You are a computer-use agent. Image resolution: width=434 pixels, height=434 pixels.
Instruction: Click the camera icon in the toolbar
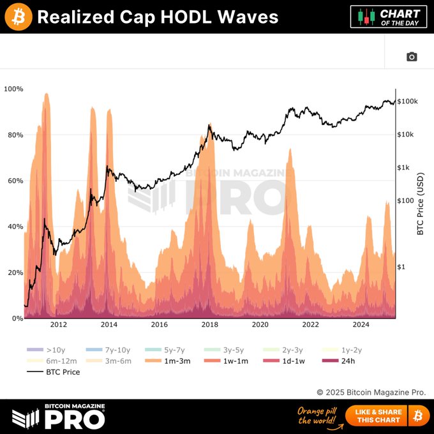click(412, 57)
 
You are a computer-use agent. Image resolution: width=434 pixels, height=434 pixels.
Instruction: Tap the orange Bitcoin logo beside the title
click(19, 17)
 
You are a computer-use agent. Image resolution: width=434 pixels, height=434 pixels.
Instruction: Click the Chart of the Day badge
click(389, 17)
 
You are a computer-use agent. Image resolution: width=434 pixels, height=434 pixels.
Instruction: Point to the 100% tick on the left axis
click(13, 89)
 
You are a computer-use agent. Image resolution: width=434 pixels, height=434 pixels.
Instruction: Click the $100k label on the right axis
click(407, 101)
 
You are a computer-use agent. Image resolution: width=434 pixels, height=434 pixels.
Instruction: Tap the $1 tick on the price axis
click(401, 267)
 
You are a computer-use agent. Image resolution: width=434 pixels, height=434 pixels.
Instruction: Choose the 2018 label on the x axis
click(209, 324)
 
